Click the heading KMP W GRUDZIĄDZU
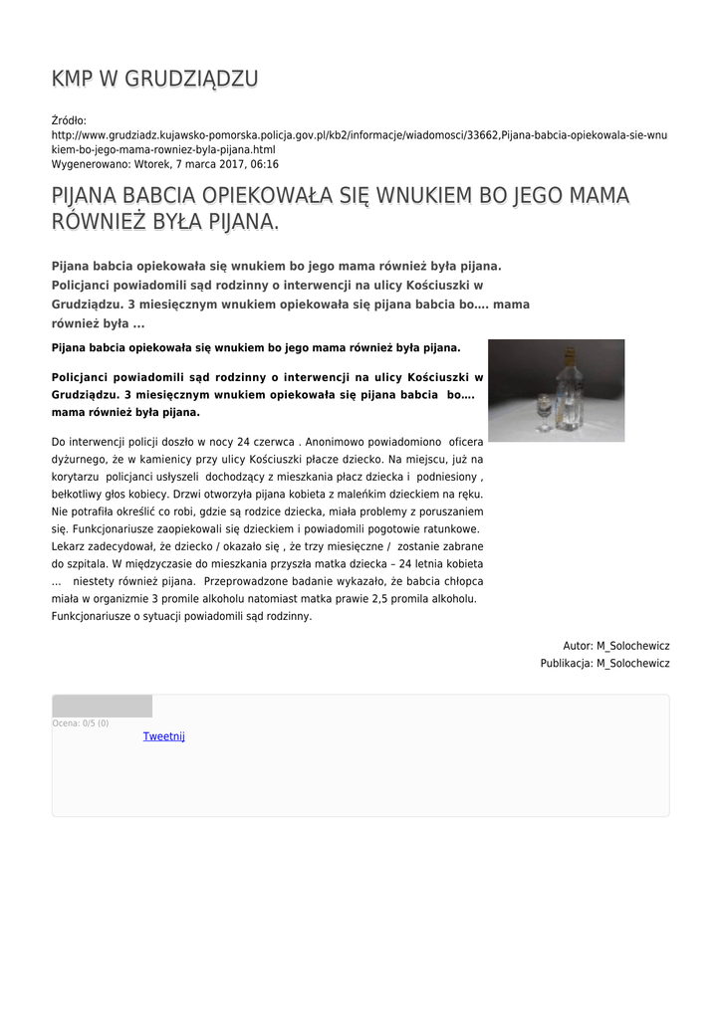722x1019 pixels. point(155,79)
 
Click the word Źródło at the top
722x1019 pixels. point(69,120)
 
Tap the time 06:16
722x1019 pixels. point(265,164)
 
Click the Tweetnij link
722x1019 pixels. point(163,736)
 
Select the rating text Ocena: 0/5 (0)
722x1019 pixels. point(81,723)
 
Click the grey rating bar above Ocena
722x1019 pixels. point(102,706)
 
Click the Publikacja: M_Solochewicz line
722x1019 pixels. point(604,663)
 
